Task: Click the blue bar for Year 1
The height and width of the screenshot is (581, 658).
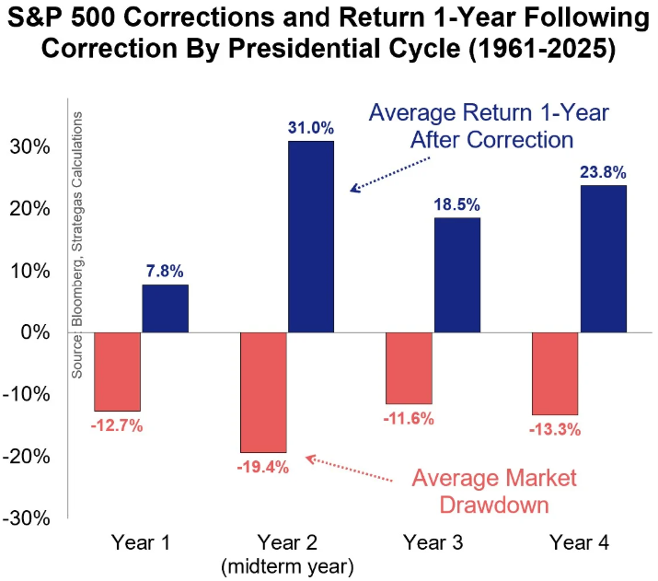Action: [x=165, y=308]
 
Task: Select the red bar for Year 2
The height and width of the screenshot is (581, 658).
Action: [x=262, y=392]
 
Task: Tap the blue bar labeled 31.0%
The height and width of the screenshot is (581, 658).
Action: [x=310, y=237]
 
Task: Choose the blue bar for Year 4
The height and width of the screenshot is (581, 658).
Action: [x=603, y=259]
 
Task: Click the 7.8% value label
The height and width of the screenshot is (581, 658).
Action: [x=165, y=272]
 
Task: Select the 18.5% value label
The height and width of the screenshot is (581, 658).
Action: [x=456, y=204]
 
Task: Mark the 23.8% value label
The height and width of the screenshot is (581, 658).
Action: [x=603, y=171]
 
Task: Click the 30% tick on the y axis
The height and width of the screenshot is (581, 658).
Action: [x=31, y=147]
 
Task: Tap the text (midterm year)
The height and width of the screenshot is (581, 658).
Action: [x=286, y=563]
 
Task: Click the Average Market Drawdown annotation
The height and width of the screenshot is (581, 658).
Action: [x=493, y=492]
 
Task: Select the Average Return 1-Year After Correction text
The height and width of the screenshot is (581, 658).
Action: [x=470, y=125]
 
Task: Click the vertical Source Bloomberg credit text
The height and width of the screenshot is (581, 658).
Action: [x=79, y=244]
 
